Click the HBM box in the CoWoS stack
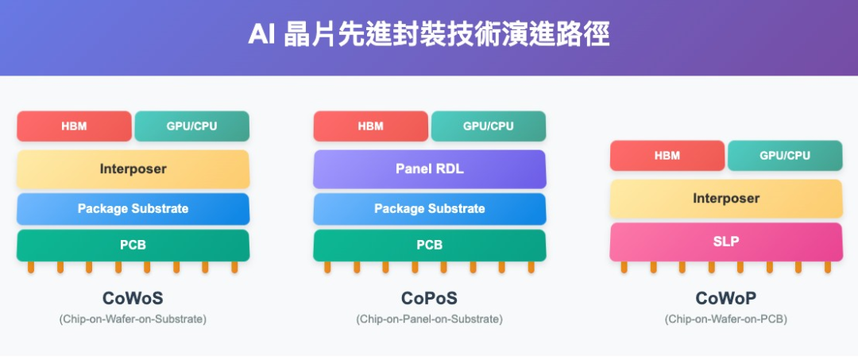(74, 126)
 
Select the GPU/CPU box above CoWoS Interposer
(191, 126)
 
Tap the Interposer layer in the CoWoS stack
(133, 169)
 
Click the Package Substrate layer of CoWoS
(133, 209)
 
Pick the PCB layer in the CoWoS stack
(133, 246)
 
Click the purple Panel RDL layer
(429, 169)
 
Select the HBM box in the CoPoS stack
(370, 126)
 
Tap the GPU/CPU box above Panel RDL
(488, 126)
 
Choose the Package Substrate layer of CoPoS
(429, 209)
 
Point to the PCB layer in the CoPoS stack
(429, 246)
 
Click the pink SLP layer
(725, 242)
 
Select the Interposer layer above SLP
(725, 199)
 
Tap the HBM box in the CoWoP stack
(667, 156)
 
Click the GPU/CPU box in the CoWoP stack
(784, 156)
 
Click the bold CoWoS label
(133, 299)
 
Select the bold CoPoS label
(429, 299)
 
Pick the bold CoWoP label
(725, 299)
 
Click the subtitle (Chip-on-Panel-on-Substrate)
(429, 319)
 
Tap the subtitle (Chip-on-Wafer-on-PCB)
(725, 319)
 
